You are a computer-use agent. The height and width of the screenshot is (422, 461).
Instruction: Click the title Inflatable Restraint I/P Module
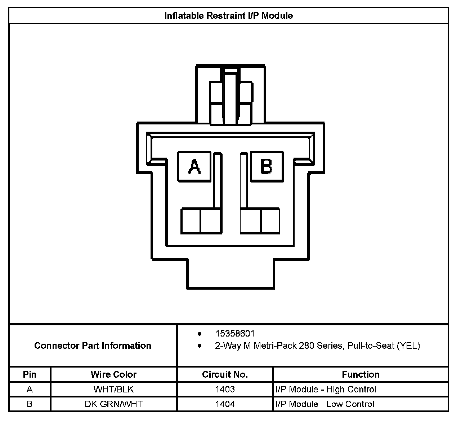click(x=228, y=16)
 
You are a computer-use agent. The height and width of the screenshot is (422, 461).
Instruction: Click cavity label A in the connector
click(x=194, y=167)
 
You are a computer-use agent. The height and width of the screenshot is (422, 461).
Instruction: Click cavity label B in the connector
click(x=267, y=166)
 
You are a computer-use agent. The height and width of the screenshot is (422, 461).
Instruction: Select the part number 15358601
click(x=235, y=334)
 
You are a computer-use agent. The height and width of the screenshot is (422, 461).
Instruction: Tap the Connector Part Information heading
click(x=93, y=346)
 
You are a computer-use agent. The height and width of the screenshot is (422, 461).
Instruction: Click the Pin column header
click(x=30, y=374)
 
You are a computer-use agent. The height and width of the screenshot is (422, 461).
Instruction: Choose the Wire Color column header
click(x=113, y=374)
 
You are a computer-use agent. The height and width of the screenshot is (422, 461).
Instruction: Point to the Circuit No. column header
click(x=225, y=374)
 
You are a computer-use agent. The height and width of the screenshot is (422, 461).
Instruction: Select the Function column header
click(x=361, y=374)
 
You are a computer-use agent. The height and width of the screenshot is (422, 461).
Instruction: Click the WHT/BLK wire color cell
click(x=113, y=390)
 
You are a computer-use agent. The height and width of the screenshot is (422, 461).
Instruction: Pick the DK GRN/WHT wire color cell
click(x=113, y=404)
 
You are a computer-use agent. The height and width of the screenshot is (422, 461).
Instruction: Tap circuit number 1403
click(x=225, y=390)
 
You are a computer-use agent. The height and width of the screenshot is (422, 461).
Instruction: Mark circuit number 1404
click(x=225, y=404)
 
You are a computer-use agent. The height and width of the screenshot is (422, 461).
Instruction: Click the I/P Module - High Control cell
click(x=326, y=390)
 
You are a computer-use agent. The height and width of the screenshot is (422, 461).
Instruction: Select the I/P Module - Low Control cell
click(x=325, y=404)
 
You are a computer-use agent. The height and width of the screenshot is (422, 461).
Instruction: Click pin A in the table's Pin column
click(x=30, y=390)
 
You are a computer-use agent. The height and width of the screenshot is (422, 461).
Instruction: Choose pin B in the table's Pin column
click(x=30, y=404)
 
